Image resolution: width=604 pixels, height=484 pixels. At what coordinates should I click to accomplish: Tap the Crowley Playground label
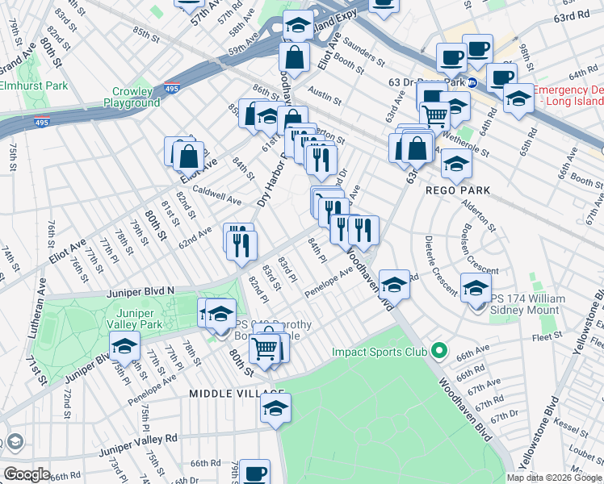click(x=132, y=98)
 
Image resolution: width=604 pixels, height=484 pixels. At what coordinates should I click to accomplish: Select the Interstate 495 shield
click(x=43, y=123)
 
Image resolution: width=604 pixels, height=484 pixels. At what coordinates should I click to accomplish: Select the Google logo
click(x=26, y=474)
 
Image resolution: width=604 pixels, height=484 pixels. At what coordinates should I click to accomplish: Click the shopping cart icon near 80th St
click(x=265, y=348)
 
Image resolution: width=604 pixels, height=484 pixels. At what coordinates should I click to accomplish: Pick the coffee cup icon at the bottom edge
click(x=255, y=472)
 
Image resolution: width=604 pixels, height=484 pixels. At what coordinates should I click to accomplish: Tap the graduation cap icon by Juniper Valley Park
click(x=124, y=346)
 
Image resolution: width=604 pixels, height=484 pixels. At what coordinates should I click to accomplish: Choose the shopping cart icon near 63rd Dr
click(x=435, y=116)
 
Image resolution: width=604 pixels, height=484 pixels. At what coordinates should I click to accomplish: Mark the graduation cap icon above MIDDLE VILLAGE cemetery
click(x=275, y=408)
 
